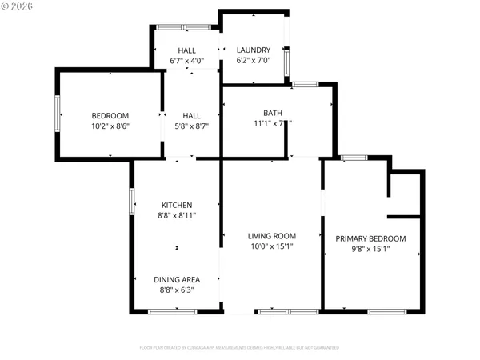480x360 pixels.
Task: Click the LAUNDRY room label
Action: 254,50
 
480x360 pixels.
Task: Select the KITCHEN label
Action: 177,205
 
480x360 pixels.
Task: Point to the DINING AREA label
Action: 177,279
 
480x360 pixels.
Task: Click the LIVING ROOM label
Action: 272,236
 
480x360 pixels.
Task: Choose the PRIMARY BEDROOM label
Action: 370,238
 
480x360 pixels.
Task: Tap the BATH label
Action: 272,113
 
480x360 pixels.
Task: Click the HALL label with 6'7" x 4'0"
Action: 186,50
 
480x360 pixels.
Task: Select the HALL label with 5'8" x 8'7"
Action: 191,116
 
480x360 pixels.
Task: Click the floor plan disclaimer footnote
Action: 239,348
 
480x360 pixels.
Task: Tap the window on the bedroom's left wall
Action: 56,114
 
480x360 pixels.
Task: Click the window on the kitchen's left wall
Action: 132,201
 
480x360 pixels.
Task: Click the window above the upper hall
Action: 177,27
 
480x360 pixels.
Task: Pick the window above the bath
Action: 304,84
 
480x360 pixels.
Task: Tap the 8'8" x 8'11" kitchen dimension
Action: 177,215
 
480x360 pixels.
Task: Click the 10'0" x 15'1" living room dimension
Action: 272,246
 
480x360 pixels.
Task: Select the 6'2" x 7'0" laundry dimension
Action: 254,60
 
